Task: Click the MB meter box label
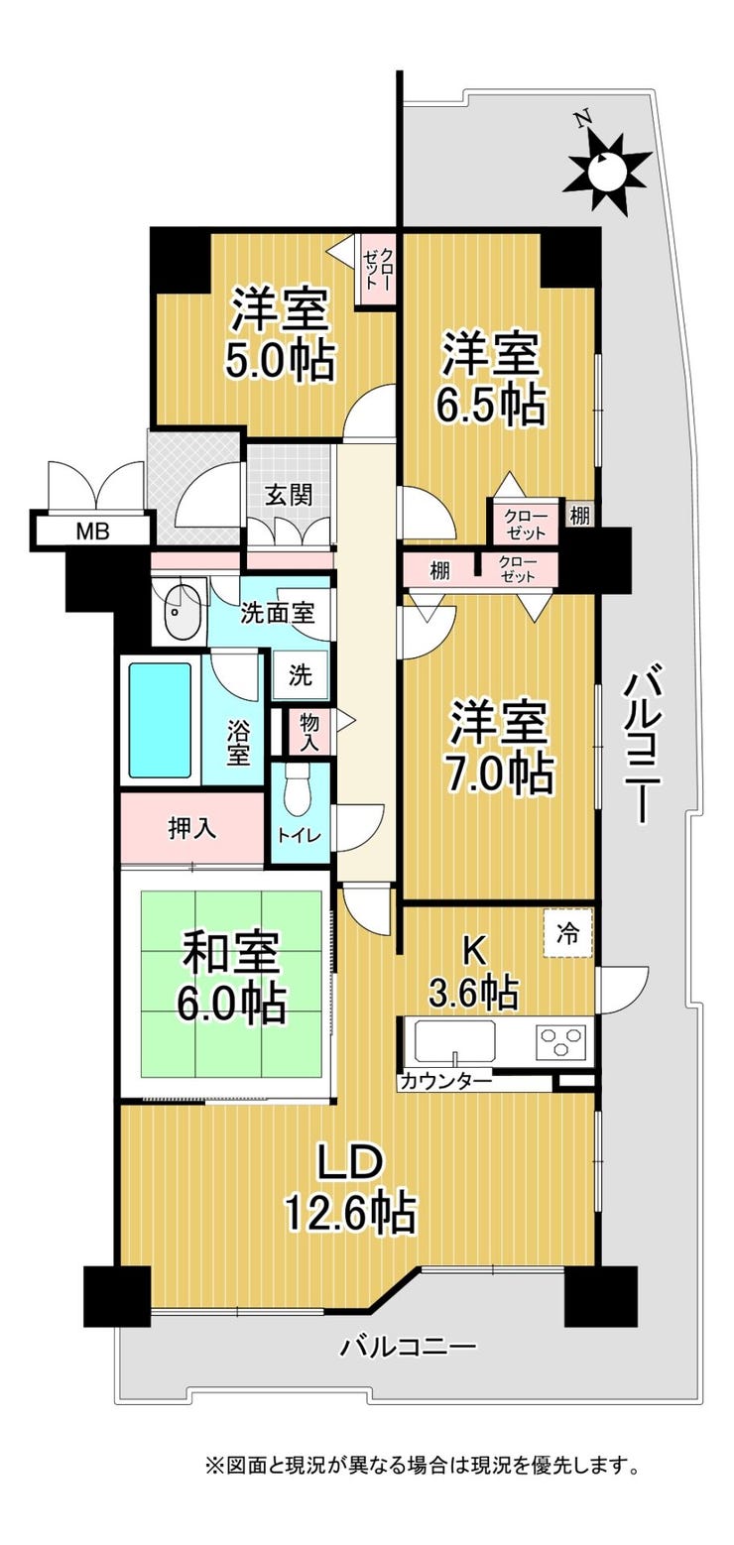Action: pos(92,532)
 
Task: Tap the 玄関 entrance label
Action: pos(290,495)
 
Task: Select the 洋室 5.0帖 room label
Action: pos(280,337)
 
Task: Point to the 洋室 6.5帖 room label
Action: pos(490,379)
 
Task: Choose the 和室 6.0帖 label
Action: pos(231,976)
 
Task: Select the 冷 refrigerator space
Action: pos(567,934)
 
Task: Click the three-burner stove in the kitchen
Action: pos(560,1042)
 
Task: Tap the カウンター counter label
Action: pos(445,1080)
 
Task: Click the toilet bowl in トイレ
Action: pos(298,791)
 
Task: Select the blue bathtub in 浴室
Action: pos(160,720)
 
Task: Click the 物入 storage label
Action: pos(309,732)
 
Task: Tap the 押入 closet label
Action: pos(192,828)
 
